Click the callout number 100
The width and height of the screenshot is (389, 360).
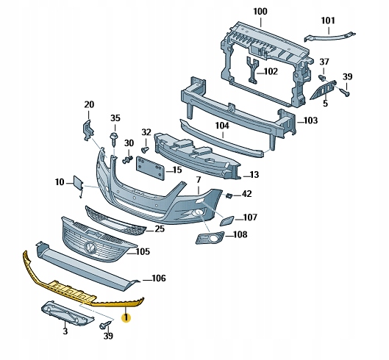coord(260,12)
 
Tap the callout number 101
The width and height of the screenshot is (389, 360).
coord(328,21)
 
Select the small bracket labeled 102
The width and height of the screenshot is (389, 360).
coord(252,71)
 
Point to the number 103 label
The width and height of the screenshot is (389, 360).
coord(310,120)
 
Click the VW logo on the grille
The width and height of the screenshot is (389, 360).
coord(90,248)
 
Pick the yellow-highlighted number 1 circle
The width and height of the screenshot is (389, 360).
coord(126,317)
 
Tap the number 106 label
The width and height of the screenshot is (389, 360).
coord(159,278)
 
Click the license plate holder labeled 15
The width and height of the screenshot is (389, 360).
coord(150,168)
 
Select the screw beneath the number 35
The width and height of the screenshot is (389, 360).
coord(115,140)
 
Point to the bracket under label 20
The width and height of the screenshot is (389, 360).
coord(88,130)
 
